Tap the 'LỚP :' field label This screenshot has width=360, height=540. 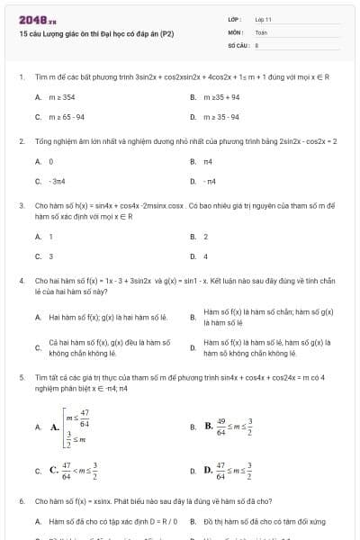coord(237,19)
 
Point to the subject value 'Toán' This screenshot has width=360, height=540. coord(261,31)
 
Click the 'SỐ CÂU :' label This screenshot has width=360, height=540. coord(238,43)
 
